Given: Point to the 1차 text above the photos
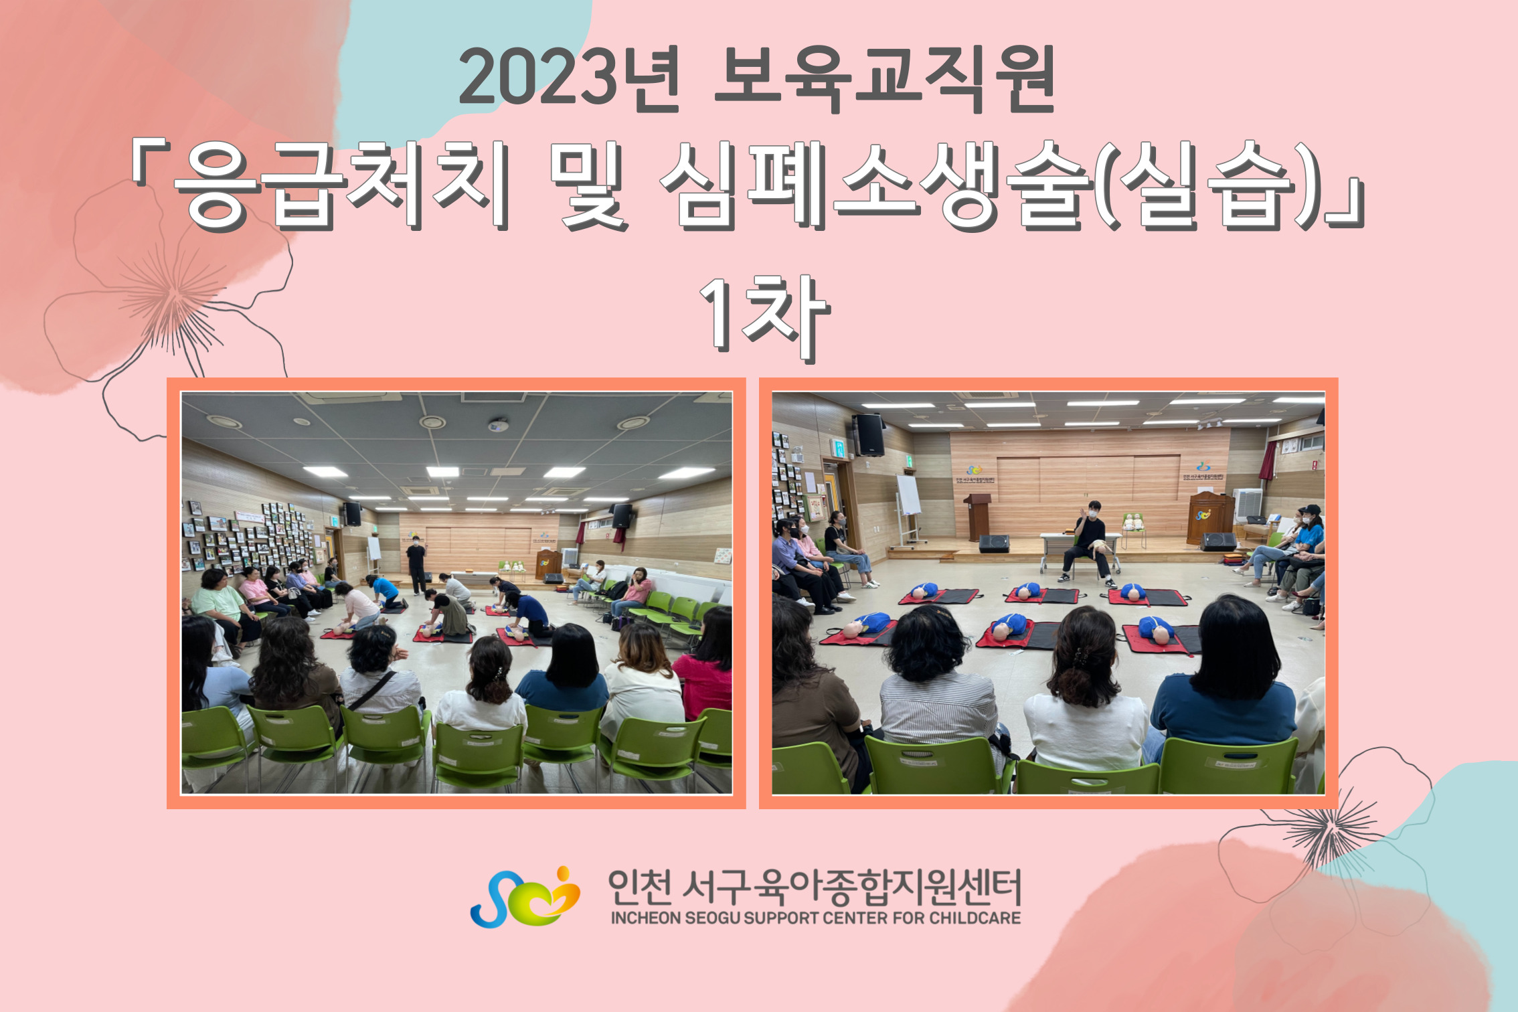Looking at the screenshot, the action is point(764,319).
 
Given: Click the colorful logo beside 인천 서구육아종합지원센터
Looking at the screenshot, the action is point(525,897).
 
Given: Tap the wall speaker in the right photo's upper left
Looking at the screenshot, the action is point(868,435).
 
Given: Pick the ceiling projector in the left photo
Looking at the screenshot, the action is point(497,424).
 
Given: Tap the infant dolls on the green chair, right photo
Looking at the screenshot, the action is point(1133,522).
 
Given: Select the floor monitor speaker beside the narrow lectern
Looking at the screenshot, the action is point(994,543).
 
